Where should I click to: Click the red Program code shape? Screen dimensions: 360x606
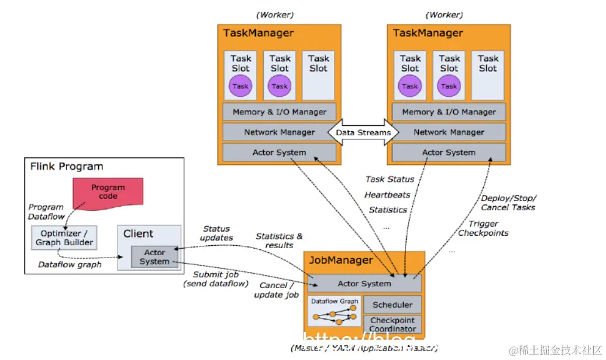[x=107, y=193]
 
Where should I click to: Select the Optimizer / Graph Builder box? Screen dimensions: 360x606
[x=64, y=238]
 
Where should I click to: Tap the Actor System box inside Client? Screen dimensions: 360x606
[x=154, y=257]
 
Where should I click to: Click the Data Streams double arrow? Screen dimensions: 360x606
[x=363, y=132]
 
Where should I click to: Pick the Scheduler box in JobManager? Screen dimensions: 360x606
[x=392, y=304]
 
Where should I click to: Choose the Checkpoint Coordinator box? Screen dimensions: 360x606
[x=392, y=324]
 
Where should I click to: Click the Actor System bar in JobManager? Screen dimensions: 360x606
[x=364, y=284]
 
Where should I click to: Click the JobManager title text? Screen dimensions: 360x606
[x=340, y=260]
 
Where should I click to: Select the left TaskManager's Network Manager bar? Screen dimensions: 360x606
[x=279, y=132]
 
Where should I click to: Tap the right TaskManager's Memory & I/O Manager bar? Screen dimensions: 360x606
[x=449, y=112]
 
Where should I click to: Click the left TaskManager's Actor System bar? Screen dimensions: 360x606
[x=279, y=153]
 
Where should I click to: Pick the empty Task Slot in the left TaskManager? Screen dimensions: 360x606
[x=318, y=75]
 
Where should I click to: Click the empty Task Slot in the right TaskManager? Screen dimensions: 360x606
[x=488, y=75]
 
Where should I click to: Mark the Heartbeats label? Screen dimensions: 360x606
[x=387, y=194]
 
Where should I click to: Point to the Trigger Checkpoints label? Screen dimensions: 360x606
[x=483, y=228]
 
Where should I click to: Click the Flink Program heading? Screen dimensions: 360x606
[x=66, y=167]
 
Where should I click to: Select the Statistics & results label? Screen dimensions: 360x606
[x=279, y=241]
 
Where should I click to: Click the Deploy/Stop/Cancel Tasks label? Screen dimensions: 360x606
[x=508, y=203]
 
